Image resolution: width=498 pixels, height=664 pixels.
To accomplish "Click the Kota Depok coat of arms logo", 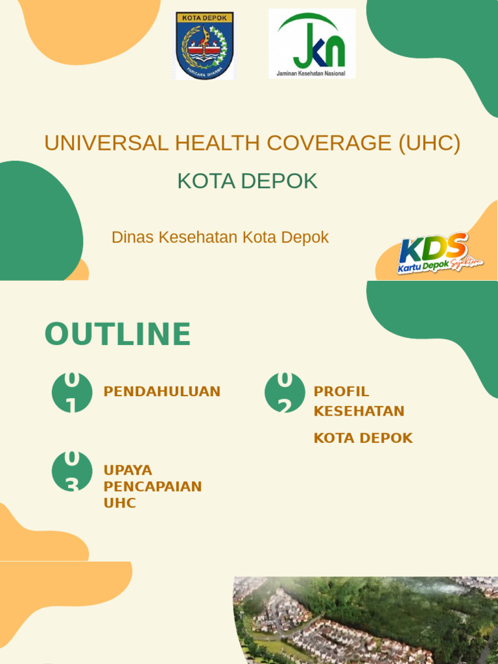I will click(x=204, y=45).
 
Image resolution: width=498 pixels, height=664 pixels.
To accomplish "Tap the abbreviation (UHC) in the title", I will click(x=429, y=143).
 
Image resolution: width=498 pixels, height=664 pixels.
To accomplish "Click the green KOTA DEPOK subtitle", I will click(x=248, y=182).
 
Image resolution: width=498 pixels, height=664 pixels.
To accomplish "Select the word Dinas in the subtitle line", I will click(x=133, y=237).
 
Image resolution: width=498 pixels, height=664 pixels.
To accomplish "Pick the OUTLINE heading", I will click(x=117, y=335).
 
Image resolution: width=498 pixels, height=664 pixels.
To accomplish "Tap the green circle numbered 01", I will click(x=72, y=392).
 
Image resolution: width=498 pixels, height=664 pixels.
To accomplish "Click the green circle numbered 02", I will click(x=285, y=392).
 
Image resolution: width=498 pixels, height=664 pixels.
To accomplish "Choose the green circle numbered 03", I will click(x=72, y=471).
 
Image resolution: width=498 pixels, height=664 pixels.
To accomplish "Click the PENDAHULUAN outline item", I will click(x=162, y=392).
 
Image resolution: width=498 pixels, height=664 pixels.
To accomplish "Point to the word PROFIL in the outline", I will click(x=341, y=392).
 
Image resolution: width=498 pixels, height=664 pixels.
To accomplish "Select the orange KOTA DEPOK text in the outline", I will click(x=363, y=438).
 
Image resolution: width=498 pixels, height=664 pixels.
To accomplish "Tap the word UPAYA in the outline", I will click(x=128, y=470).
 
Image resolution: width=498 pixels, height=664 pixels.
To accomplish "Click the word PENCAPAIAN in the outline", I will click(x=153, y=486).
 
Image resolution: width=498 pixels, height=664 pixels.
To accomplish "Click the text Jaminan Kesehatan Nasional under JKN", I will click(x=311, y=73).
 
